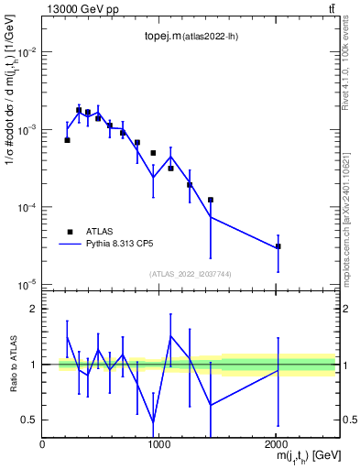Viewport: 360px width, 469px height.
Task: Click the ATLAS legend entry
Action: coord(97,232)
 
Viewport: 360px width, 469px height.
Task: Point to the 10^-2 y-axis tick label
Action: coord(25,52)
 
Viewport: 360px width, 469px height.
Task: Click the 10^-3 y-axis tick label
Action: coord(25,130)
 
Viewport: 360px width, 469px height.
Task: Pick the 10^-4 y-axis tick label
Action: coord(25,208)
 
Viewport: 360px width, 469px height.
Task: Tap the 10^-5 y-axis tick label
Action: coord(25,285)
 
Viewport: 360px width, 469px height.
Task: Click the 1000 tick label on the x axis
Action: coord(159,442)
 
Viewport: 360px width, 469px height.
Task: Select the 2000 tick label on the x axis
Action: coord(276,442)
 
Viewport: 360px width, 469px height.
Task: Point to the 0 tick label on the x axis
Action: coord(43,442)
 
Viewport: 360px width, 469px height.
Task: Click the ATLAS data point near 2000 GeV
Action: coord(278,246)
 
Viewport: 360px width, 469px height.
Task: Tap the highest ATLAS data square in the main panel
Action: coord(79,110)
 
